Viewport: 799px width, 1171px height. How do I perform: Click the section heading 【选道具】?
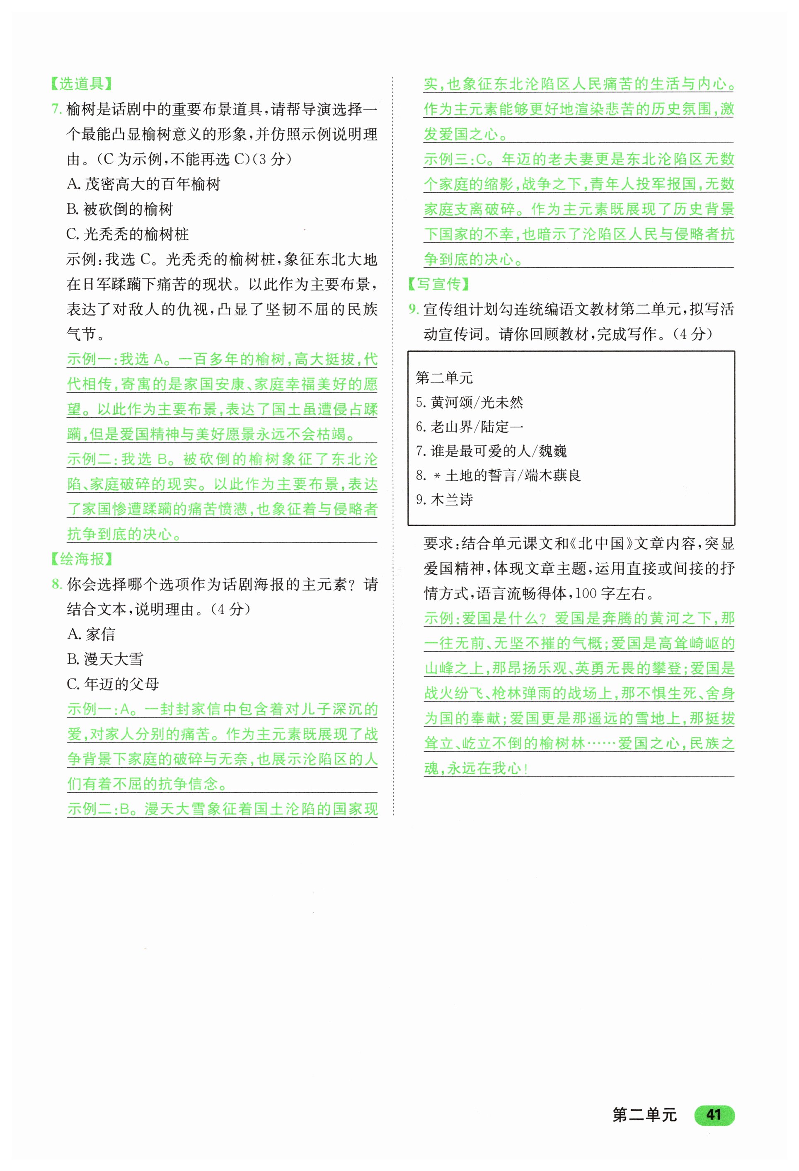pos(81,84)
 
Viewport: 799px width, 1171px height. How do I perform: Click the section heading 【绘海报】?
pos(81,559)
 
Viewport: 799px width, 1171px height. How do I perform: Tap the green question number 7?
pos(56,109)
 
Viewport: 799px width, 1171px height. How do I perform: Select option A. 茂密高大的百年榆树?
pos(143,184)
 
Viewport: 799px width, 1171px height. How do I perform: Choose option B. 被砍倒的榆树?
pos(120,209)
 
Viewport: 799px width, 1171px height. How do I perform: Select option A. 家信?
pos(91,634)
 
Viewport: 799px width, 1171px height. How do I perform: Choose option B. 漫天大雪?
pos(105,659)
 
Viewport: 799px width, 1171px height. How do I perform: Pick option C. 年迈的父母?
pos(113,684)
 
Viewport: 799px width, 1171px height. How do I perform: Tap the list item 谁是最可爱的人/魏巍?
pos(491,451)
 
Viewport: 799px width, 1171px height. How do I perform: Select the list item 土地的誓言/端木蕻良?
pos(498,475)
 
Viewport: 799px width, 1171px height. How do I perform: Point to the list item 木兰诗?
pos(444,499)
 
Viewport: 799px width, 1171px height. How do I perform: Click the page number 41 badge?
pos(714,1114)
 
